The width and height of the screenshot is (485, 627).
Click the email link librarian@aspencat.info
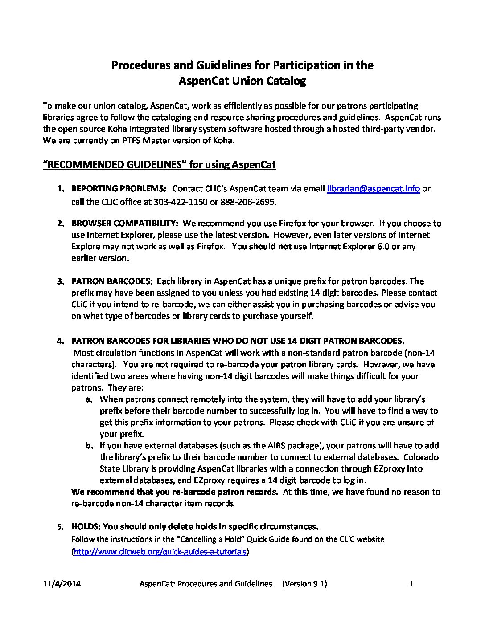click(x=373, y=188)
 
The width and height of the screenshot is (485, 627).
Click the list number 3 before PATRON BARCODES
click(x=59, y=281)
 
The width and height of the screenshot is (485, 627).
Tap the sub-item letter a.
click(x=89, y=399)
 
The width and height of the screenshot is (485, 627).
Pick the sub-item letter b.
click(x=89, y=446)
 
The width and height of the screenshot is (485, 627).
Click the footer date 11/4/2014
click(x=62, y=584)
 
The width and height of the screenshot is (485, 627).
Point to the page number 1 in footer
click(x=411, y=584)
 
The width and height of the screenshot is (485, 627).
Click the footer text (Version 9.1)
click(x=304, y=584)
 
